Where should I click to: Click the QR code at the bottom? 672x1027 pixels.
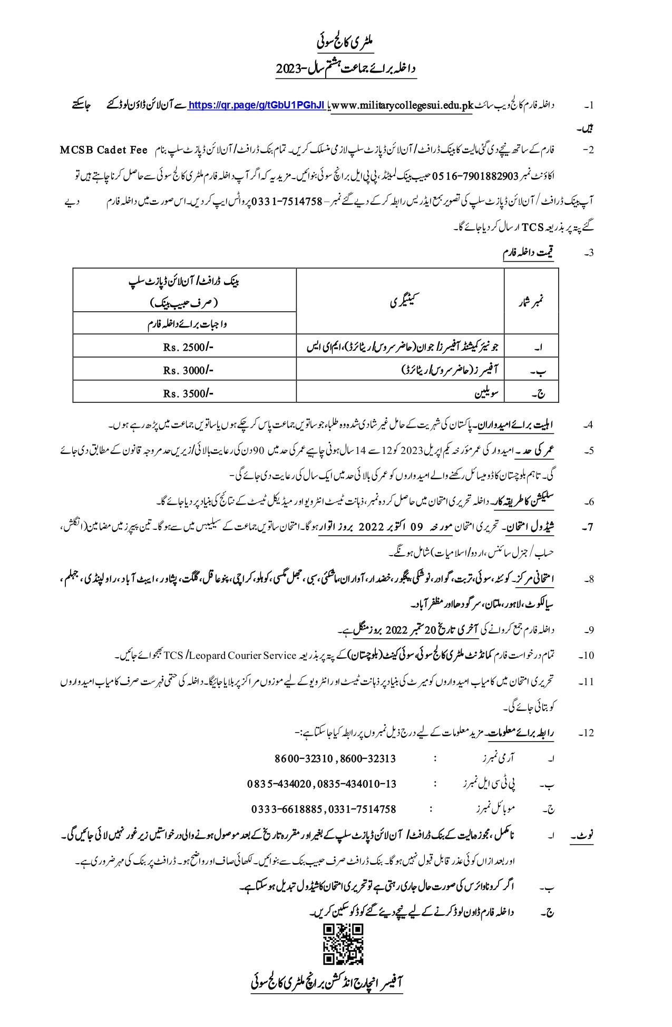(x=343, y=944)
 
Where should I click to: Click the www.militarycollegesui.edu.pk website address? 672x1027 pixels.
(x=401, y=105)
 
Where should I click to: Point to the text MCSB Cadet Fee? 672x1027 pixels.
(x=103, y=150)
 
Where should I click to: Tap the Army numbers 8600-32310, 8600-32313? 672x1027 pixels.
(x=335, y=759)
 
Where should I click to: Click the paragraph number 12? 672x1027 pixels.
(x=587, y=733)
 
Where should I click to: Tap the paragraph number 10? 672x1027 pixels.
(x=587, y=656)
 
